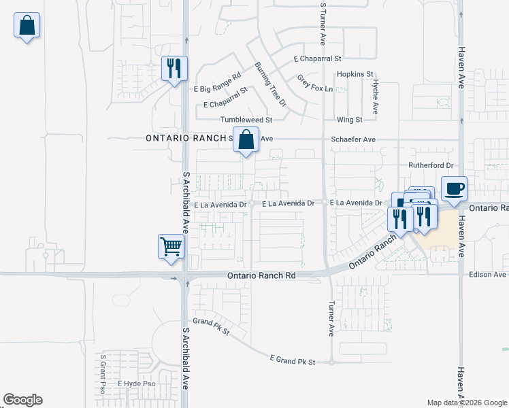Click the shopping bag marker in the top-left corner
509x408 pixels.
(x=27, y=27)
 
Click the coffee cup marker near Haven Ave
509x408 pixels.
(x=454, y=188)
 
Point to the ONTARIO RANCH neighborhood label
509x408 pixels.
(x=185, y=138)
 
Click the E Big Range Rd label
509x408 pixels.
(x=218, y=88)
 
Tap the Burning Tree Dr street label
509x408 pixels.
(x=270, y=85)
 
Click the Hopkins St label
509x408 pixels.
(x=355, y=74)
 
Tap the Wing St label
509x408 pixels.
(x=350, y=120)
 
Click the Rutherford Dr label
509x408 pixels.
(x=431, y=165)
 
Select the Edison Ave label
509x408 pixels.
(x=488, y=275)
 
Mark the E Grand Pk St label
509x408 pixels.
(x=293, y=360)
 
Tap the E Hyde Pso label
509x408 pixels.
(x=137, y=384)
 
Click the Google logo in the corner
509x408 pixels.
(x=22, y=400)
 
